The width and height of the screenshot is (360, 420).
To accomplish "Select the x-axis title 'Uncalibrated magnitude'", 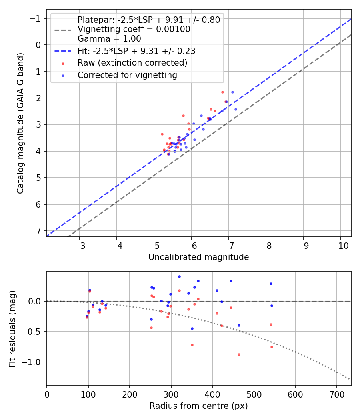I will pyautogui.click(x=198, y=257).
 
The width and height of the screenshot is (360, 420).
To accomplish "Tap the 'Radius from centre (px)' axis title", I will pyautogui.click(x=198, y=406).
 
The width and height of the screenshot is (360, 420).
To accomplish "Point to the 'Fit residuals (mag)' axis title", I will pyautogui.click(x=12, y=328).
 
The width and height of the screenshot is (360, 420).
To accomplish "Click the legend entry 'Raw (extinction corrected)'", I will pyautogui.click(x=132, y=63).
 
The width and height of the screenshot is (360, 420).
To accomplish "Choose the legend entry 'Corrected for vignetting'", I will pyautogui.click(x=127, y=75).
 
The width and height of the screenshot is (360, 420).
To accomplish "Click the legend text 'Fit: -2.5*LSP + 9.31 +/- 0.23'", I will pyautogui.click(x=136, y=51).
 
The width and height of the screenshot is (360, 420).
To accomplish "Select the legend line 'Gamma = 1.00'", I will pyautogui.click(x=109, y=39).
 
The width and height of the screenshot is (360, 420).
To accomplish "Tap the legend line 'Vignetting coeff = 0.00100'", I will pyautogui.click(x=134, y=29).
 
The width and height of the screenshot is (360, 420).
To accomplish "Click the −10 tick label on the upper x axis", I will pyautogui.click(x=340, y=244).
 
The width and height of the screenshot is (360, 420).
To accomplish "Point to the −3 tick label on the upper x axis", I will pyautogui.click(x=80, y=244).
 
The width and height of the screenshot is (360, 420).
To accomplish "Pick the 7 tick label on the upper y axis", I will pyautogui.click(x=38, y=231).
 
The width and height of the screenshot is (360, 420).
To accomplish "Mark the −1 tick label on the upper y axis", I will pyautogui.click(x=36, y=18).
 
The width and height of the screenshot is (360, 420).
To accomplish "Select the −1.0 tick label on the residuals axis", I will pyautogui.click(x=33, y=362).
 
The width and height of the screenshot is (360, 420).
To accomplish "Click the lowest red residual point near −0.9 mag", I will pyautogui.click(x=239, y=354).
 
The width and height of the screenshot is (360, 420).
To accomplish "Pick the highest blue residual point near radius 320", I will pyautogui.click(x=179, y=276).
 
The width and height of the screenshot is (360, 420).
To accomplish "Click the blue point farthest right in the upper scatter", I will pyautogui.click(x=236, y=109).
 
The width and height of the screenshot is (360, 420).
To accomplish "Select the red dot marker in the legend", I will pyautogui.click(x=63, y=63).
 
